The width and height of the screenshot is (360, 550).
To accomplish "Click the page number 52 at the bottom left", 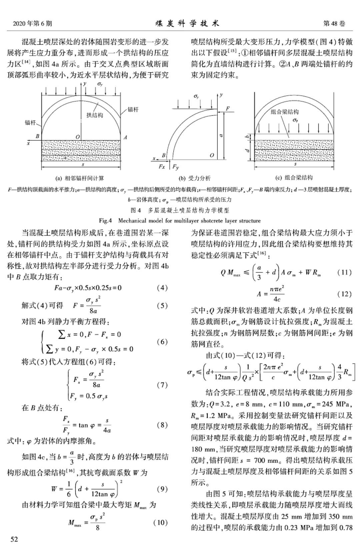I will tap(14, 539).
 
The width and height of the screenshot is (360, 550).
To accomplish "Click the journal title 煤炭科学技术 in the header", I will tap(187, 23).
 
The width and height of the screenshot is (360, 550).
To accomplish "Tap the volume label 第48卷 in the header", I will tap(334, 23).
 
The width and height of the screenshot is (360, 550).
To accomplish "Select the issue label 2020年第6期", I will tap(32, 24).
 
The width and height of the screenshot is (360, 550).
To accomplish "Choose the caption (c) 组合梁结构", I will tap(294, 178).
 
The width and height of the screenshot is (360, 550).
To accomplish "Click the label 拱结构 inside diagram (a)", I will tap(95, 115).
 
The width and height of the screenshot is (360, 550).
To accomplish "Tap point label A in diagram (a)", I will tap(125, 137).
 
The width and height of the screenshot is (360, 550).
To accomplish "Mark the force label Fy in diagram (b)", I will tap(176, 167).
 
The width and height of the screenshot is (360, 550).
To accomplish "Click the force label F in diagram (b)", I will tap(228, 109).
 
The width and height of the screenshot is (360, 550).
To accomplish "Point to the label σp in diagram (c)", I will tap(295, 120).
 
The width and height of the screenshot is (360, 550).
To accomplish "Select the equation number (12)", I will tap(344, 294).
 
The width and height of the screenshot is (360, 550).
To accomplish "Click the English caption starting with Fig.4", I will tap(180, 221).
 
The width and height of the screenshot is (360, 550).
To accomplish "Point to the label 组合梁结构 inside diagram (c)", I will tap(285, 112).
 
